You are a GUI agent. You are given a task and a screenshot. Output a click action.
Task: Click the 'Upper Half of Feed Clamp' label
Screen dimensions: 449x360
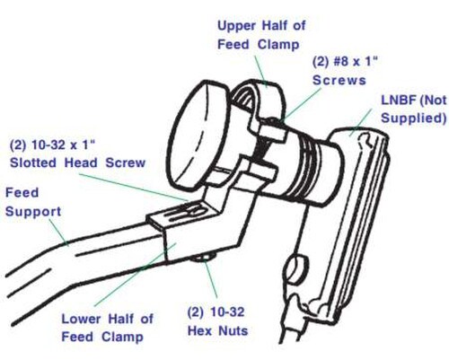262,35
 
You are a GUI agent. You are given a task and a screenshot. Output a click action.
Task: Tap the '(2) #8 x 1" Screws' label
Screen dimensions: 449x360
345,71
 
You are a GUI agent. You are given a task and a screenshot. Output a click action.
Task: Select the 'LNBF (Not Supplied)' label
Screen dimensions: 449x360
414,109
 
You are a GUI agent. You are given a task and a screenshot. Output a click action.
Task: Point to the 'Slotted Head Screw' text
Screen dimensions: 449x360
78,162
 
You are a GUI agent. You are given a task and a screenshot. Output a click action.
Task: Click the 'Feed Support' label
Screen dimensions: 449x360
33,202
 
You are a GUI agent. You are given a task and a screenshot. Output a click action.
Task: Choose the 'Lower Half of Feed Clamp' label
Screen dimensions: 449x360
108,328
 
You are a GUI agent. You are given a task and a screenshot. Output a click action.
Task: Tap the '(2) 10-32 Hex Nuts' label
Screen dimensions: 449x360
217,321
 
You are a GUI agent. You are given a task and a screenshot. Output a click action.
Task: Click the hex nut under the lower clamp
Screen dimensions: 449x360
203,258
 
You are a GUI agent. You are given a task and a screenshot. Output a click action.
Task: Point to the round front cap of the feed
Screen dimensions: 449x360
198,136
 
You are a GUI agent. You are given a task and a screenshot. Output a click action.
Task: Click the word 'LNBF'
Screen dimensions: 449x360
399,101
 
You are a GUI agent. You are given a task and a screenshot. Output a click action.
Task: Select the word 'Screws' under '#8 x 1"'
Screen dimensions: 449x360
339,80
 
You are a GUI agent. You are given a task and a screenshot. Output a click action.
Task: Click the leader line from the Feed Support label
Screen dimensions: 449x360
58,233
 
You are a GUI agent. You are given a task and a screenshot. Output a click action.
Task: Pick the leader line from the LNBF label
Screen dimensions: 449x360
360,123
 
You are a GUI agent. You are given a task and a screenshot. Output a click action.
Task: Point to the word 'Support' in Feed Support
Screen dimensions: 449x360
33,212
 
